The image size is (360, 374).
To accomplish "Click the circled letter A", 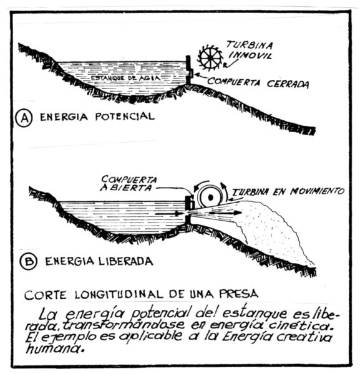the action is click(24, 118).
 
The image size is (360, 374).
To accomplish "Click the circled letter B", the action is click(29, 261).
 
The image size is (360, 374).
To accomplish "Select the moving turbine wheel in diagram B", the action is click(210, 197).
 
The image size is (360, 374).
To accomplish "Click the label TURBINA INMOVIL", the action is click(250, 50).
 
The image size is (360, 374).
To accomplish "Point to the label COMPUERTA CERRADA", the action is click(258, 82).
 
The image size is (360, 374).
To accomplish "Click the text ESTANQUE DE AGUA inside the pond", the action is click(125, 78).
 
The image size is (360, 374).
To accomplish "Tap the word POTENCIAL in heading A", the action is click(125, 117).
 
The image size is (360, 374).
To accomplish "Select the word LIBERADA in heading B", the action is click(125, 261).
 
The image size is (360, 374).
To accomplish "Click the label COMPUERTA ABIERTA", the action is click(129, 183).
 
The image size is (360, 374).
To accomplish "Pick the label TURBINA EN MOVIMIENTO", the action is click(288, 191).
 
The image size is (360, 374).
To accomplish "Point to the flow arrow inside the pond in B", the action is click(168, 213).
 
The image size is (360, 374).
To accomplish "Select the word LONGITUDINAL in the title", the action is click(119, 294).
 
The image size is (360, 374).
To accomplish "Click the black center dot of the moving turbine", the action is click(211, 197).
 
